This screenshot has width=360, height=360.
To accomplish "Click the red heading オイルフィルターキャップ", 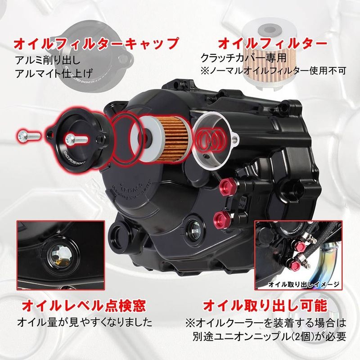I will (97, 44).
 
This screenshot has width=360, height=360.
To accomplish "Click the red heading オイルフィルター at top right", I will (272, 44).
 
